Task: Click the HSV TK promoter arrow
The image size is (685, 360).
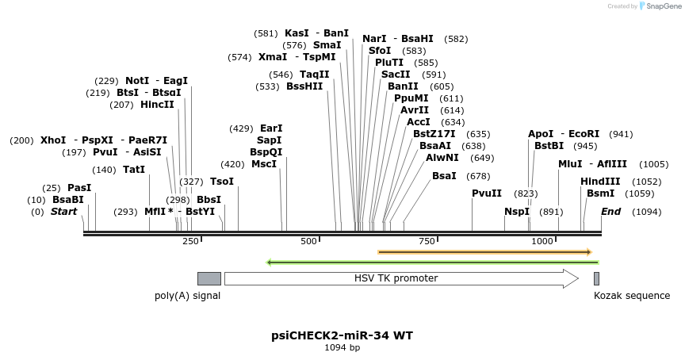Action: [400, 278]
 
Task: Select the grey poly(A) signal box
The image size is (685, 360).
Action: [209, 278]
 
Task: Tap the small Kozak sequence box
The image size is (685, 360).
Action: [596, 278]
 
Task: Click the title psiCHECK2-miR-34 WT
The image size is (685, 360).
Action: [342, 335]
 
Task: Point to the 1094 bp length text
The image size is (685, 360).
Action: [342, 347]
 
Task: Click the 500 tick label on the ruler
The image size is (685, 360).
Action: [308, 241]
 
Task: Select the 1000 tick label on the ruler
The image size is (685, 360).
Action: [542, 241]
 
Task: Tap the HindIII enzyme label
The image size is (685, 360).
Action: [600, 182]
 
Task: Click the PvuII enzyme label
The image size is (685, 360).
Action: [487, 193]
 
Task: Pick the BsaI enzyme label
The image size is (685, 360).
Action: [444, 176]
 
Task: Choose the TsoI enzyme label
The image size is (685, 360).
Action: [222, 182]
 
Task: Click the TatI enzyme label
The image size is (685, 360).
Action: [134, 170]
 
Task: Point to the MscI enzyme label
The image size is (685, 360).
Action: [264, 164]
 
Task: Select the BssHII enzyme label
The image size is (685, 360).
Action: [304, 86]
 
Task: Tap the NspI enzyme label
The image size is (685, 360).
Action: [517, 212]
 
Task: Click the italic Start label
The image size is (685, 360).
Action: [64, 212]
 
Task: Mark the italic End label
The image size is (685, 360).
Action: [610, 212]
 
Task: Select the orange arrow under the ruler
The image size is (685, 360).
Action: [484, 252]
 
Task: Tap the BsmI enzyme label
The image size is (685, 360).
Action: [600, 193]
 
